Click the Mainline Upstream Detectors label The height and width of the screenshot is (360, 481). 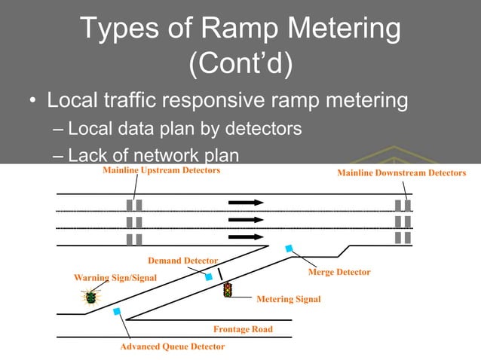click(x=161, y=171)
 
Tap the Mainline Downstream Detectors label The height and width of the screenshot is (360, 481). click(x=401, y=173)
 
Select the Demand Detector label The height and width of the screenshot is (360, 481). click(x=182, y=261)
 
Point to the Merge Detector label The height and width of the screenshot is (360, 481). click(x=339, y=271)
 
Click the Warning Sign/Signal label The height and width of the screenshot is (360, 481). click(x=115, y=277)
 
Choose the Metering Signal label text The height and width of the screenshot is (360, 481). click(x=288, y=299)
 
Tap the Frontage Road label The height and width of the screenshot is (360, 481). click(x=243, y=329)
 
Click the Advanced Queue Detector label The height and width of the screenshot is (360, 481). click(x=172, y=347)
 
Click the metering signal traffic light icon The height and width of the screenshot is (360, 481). click(x=227, y=289)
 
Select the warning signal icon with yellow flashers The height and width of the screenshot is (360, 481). click(x=90, y=297)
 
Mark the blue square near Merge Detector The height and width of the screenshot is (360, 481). click(x=288, y=248)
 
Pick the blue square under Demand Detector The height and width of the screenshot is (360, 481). click(x=209, y=277)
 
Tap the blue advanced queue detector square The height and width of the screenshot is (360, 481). click(x=116, y=311)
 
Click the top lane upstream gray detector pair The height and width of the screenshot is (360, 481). click(x=134, y=205)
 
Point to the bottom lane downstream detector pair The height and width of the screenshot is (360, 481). click(x=403, y=238)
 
